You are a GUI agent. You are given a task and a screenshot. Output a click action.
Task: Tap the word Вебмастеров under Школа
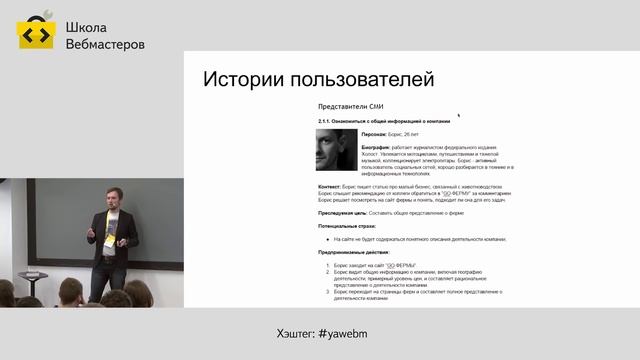pyautogui.click(x=104, y=45)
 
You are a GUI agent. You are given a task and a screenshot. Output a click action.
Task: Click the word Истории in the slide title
pyautogui.click(x=244, y=80)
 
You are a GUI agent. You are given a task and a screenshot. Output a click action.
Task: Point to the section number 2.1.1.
pyautogui.click(x=328, y=121)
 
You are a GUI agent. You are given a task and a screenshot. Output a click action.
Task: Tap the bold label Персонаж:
pyautogui.click(x=379, y=133)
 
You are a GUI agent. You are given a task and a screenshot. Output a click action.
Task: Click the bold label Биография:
pyautogui.click(x=381, y=147)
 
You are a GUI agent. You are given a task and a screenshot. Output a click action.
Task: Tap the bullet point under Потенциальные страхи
pyautogui.click(x=329, y=239)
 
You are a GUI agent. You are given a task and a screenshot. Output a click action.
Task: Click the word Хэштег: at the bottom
pyautogui.click(x=295, y=331)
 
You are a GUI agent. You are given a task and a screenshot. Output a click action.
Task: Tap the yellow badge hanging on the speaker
pyautogui.click(x=111, y=240)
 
